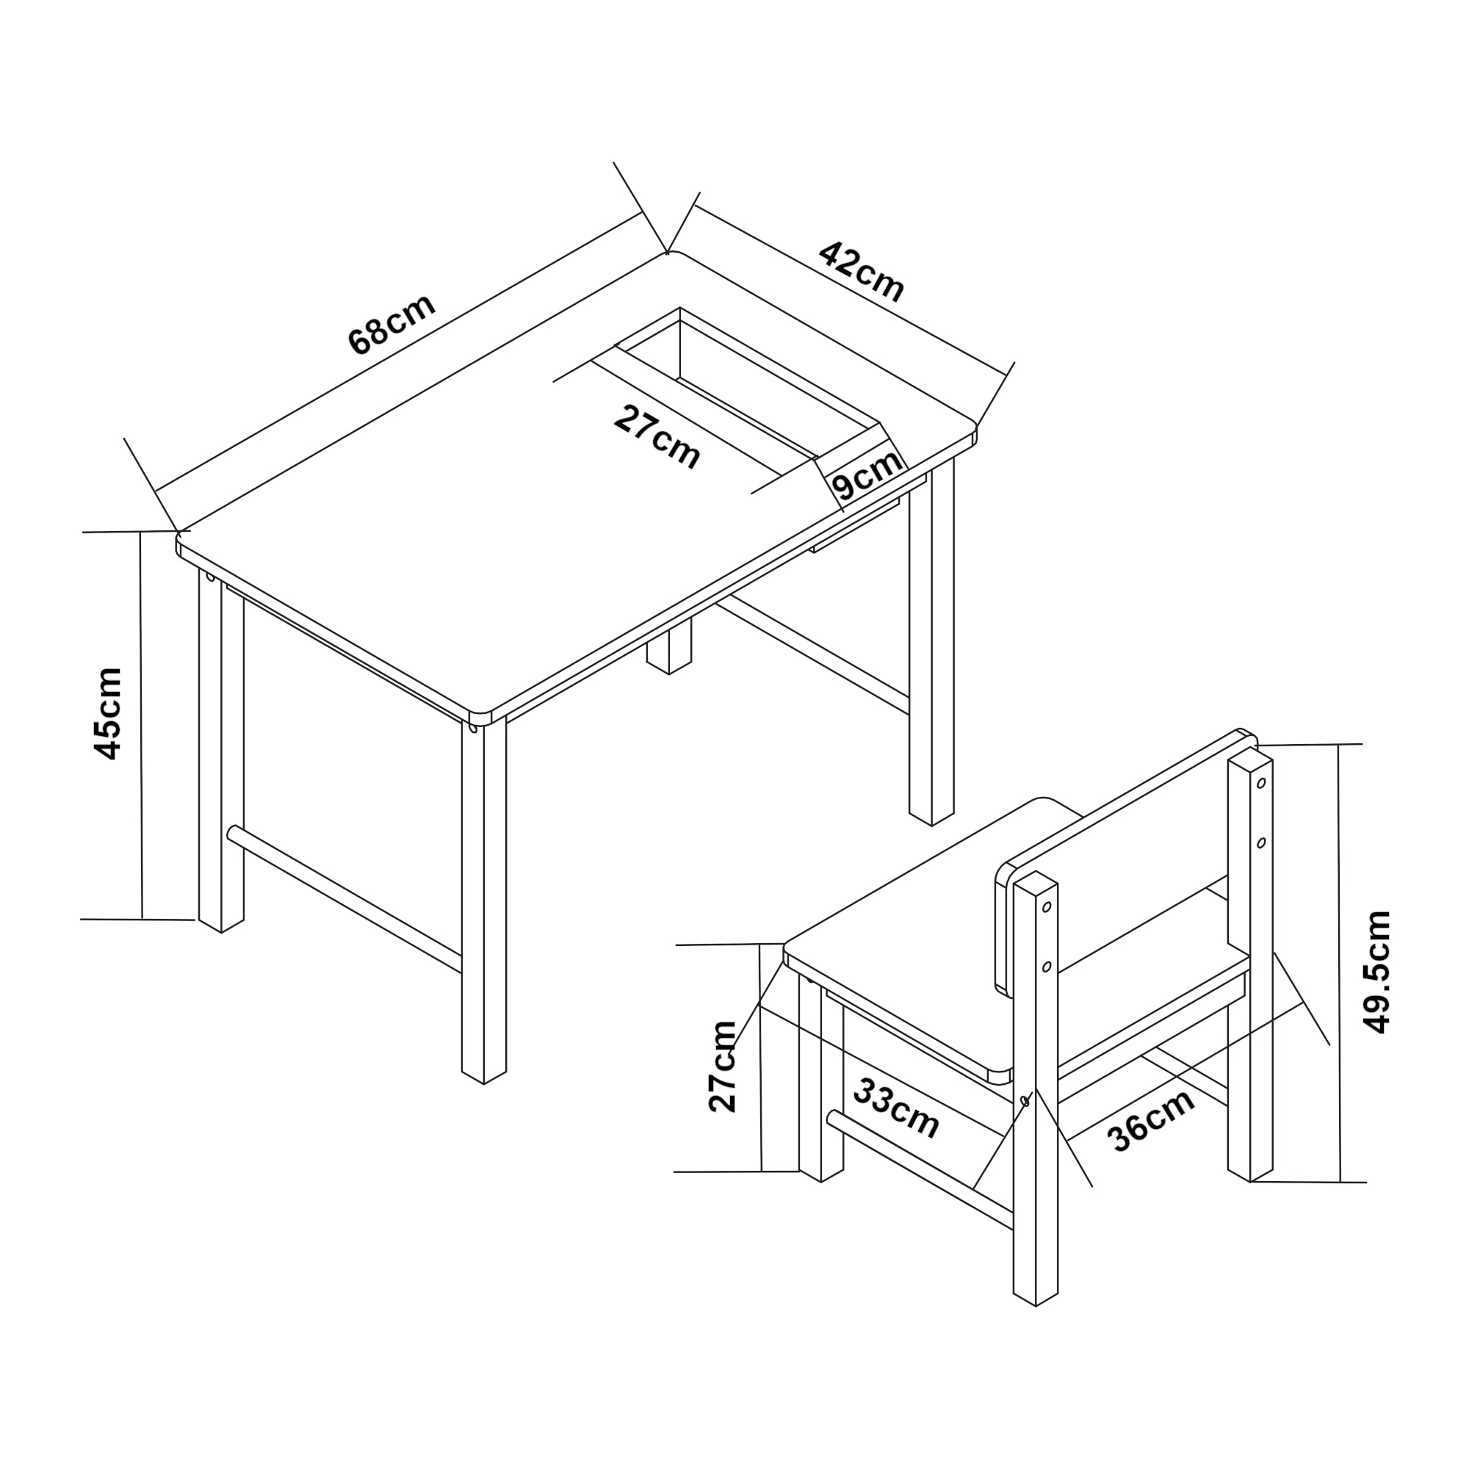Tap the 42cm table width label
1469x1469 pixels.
click(x=862, y=272)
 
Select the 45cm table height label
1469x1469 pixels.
click(x=107, y=713)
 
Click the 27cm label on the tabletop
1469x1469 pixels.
click(x=657, y=438)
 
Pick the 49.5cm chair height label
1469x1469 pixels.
click(x=1377, y=972)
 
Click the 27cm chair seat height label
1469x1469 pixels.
click(x=723, y=1066)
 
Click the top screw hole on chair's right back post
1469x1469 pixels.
click(x=1260, y=782)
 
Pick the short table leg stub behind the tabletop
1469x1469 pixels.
click(x=669, y=646)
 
